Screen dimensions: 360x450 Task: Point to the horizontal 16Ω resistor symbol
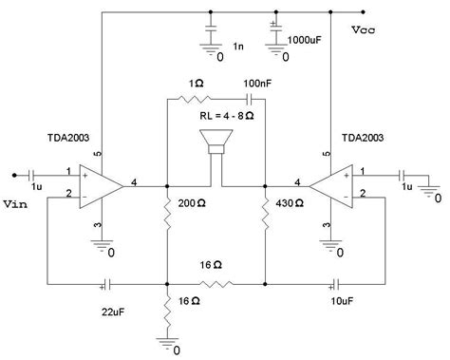click(x=216, y=283)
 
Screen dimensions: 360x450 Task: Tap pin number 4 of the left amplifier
click(x=136, y=180)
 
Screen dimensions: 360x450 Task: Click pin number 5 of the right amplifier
click(x=326, y=154)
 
